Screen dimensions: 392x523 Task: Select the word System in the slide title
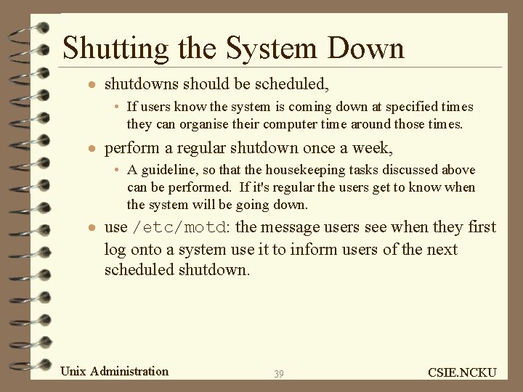(272, 48)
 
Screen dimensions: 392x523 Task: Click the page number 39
(279, 374)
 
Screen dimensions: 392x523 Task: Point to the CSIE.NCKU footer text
(462, 372)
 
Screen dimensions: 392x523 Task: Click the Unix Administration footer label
(114, 372)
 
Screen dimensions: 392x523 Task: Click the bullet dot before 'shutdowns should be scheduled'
(90, 86)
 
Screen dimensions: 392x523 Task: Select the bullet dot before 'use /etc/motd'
(90, 228)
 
